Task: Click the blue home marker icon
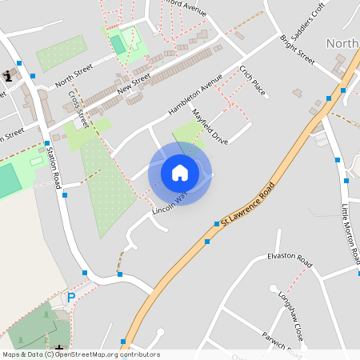(x=180, y=172)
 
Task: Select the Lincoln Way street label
(x=170, y=200)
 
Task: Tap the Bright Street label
(x=298, y=50)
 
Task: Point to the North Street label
(x=74, y=77)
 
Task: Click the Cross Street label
(x=78, y=110)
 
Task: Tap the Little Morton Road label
(x=349, y=233)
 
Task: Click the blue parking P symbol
(x=70, y=298)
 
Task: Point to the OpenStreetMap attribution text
(x=81, y=354)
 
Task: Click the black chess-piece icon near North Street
(x=8, y=75)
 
